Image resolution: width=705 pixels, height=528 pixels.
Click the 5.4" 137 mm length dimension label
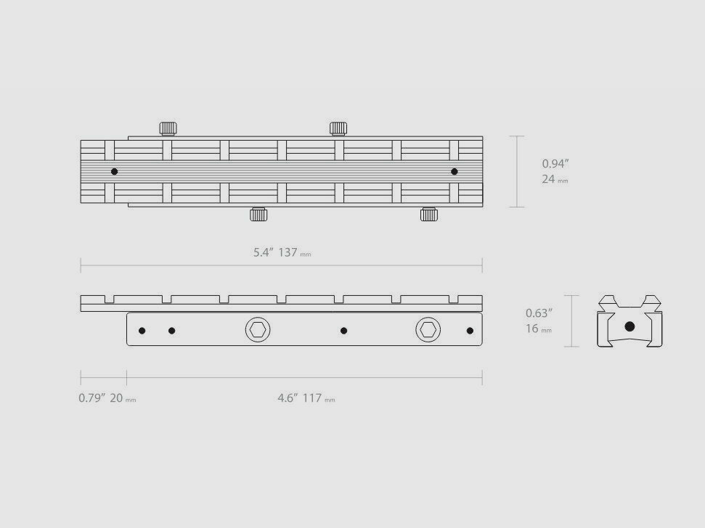pyautogui.click(x=282, y=252)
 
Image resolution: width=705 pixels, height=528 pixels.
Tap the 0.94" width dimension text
pyautogui.click(x=555, y=164)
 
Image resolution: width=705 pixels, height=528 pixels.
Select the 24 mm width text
pyautogui.click(x=554, y=179)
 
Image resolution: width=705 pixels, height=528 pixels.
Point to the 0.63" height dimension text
pyautogui.click(x=539, y=313)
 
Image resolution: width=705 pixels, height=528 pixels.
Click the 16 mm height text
pyautogui.click(x=538, y=329)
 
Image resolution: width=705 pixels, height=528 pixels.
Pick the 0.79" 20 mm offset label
pyautogui.click(x=107, y=398)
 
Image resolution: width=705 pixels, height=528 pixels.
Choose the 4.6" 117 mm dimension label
pyautogui.click(x=306, y=398)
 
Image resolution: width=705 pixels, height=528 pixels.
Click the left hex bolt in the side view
pyautogui.click(x=257, y=330)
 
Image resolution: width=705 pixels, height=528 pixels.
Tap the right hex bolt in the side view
pyautogui.click(x=428, y=330)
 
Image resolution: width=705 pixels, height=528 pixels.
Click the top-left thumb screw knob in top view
pyautogui.click(x=168, y=128)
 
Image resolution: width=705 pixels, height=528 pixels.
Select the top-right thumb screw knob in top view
pyautogui.click(x=338, y=128)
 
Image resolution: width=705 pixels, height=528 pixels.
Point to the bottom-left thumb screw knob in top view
pyautogui.click(x=258, y=214)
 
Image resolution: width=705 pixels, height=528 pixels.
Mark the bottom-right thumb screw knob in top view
pyautogui.click(x=428, y=214)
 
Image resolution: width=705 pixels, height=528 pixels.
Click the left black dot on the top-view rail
pyautogui.click(x=114, y=172)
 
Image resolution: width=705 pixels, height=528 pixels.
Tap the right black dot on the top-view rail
pyautogui.click(x=455, y=172)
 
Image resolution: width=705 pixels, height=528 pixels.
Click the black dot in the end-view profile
pyautogui.click(x=629, y=327)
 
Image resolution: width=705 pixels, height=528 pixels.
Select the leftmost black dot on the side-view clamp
pyautogui.click(x=142, y=331)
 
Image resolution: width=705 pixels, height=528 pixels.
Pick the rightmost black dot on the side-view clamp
pyautogui.click(x=470, y=331)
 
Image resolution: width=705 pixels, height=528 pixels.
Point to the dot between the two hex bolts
pyautogui.click(x=343, y=331)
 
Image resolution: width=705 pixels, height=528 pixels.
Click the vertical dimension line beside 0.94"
pyautogui.click(x=516, y=172)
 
